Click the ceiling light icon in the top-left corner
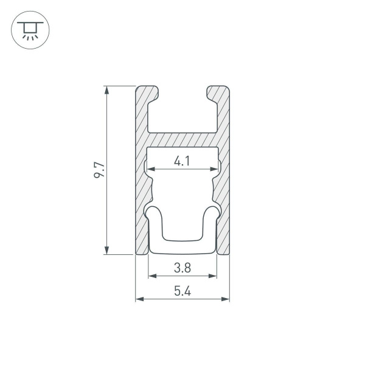[x=27, y=28]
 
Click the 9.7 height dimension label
[x=100, y=170]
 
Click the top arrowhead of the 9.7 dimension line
[x=107, y=90]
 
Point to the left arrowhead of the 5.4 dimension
[x=139, y=299]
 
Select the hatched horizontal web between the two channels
[x=182, y=139]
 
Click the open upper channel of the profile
[x=182, y=113]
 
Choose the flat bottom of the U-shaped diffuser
[x=182, y=243]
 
